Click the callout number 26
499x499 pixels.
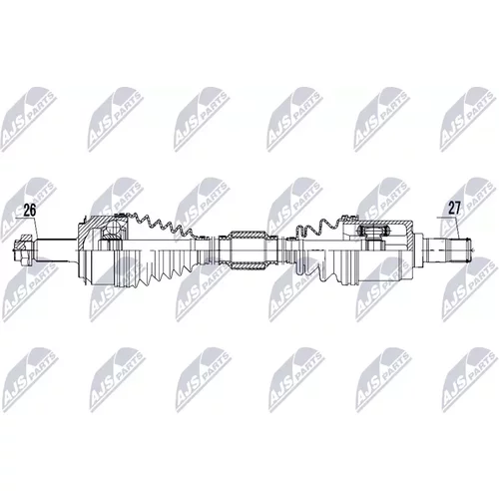point(29,211)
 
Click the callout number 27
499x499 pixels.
point(454,208)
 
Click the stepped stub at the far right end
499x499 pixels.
point(448,249)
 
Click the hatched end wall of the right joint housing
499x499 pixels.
point(409,233)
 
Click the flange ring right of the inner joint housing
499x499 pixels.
point(418,249)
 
